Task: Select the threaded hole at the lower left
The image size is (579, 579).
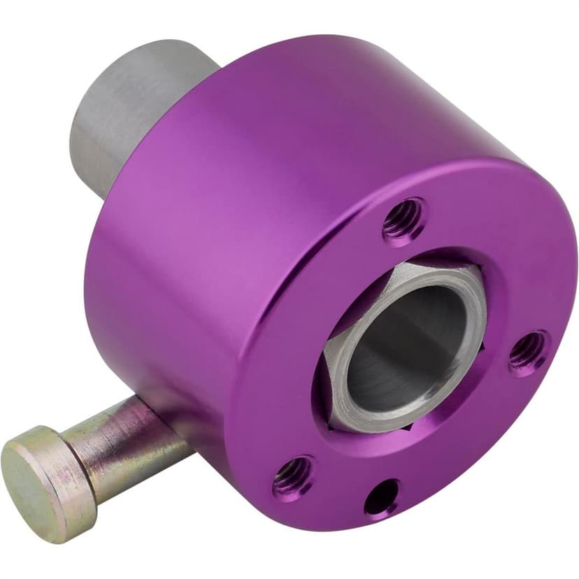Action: pyautogui.click(x=293, y=476)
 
